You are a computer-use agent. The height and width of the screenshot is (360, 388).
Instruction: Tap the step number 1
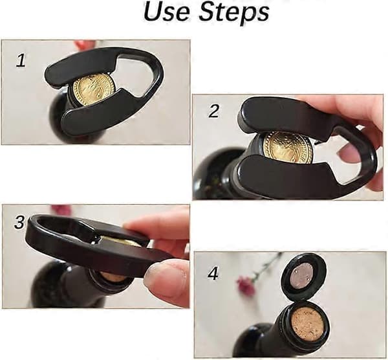[21, 61]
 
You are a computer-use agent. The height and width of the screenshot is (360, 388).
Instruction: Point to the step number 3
[19, 222]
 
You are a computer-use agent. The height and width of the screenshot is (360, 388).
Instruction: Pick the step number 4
[213, 274]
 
